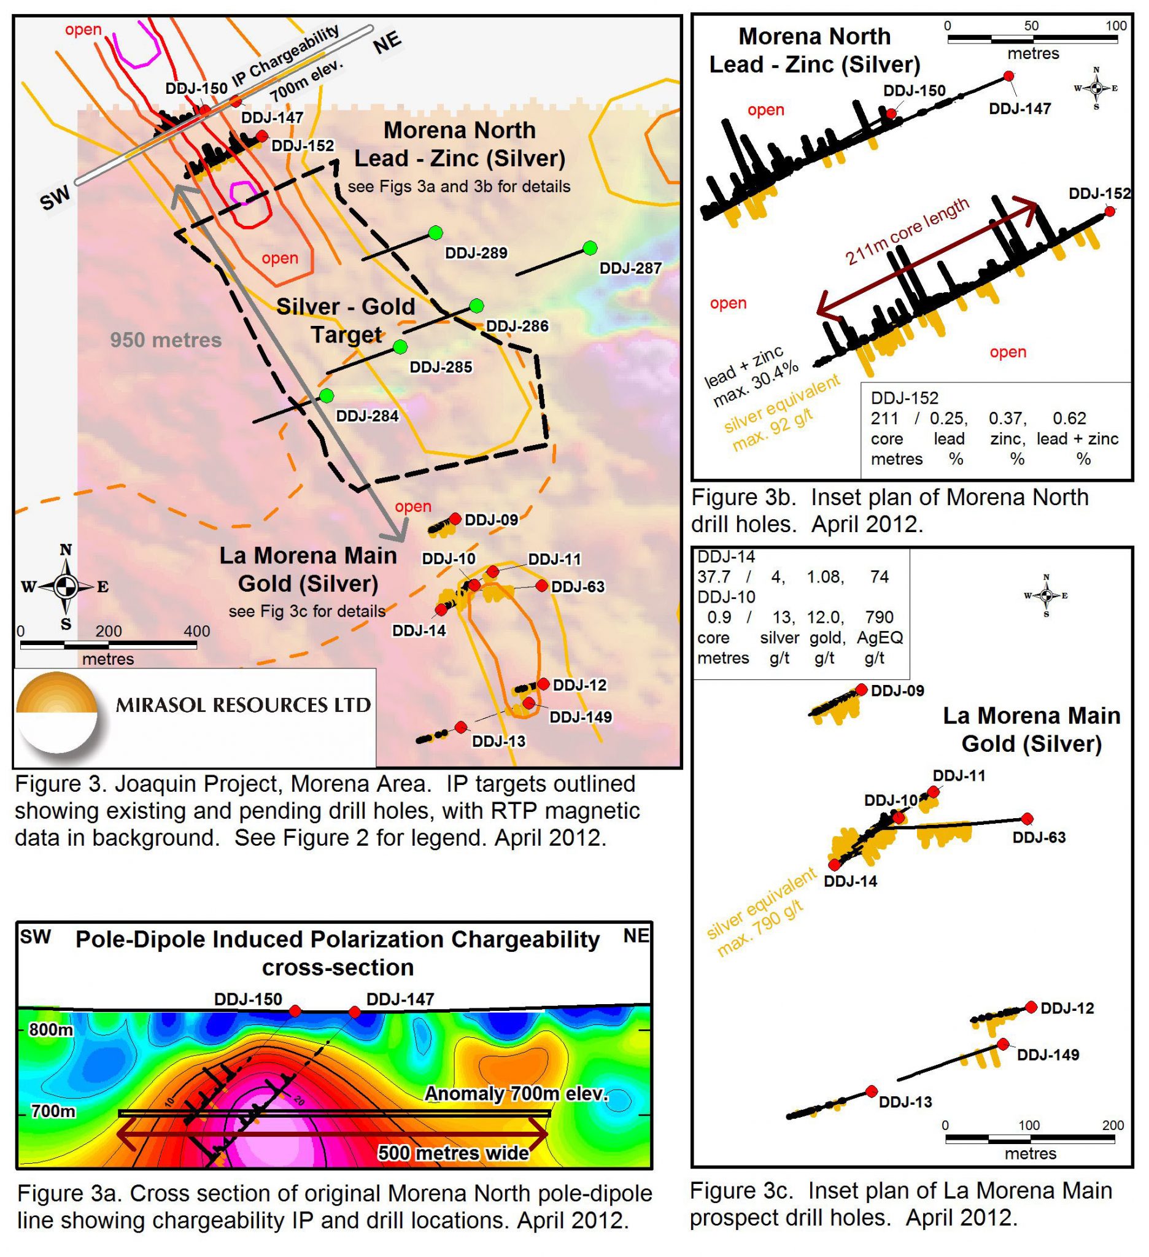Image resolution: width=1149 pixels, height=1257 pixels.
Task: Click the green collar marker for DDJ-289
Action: click(x=435, y=233)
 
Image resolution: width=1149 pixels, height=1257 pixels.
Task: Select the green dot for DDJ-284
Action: click(x=326, y=396)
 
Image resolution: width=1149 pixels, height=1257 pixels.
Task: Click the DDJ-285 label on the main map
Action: click(x=441, y=367)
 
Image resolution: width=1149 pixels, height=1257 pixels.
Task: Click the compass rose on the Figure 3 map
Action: click(x=66, y=587)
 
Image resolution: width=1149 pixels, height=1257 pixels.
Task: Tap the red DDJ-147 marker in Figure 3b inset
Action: click(x=1008, y=76)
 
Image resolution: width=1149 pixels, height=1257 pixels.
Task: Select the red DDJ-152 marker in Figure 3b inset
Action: click(x=1110, y=211)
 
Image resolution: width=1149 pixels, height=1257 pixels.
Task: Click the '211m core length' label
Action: click(x=907, y=231)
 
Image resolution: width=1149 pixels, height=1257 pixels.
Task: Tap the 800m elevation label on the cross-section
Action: click(x=51, y=1029)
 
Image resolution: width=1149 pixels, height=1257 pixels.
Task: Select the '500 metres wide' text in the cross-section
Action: click(x=453, y=1153)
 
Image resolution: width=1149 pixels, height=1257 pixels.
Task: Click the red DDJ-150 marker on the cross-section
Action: click(x=295, y=1011)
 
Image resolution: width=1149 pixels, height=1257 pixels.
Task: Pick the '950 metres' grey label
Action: click(x=166, y=340)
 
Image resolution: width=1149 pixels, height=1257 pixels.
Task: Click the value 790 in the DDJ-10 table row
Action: click(x=879, y=617)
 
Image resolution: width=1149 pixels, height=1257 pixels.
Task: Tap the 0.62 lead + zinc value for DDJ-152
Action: click(x=1070, y=419)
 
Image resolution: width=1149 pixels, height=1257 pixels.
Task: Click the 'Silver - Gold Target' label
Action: click(x=346, y=320)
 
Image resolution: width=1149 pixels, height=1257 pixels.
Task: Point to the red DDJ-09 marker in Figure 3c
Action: click(x=862, y=689)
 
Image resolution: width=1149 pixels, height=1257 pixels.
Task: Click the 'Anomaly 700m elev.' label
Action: click(x=516, y=1094)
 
